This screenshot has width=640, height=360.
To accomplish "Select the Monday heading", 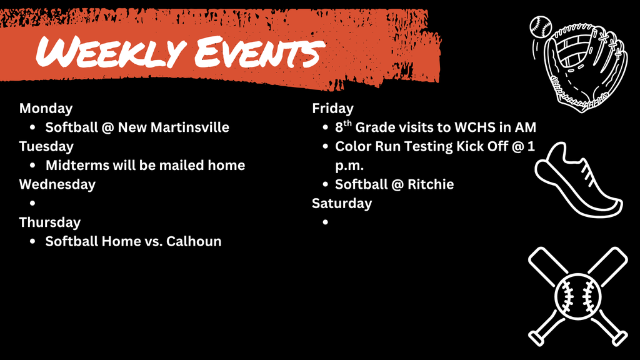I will tap(46, 108).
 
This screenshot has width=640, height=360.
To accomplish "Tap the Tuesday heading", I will tap(46, 146).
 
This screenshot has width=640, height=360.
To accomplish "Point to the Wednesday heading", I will tap(57, 184).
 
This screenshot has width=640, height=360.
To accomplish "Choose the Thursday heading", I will tap(49, 222).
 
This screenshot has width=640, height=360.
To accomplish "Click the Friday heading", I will tap(332, 108).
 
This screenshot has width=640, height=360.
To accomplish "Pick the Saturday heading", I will tap(342, 203).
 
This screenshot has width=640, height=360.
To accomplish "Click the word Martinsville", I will tap(190, 127).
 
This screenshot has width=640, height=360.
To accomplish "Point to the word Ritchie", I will tap(431, 184).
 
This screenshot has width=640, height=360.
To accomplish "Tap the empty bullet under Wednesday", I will tap(32, 204).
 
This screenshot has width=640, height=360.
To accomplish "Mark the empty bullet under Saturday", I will tap(326, 222).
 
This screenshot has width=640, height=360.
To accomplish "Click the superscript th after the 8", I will tap(348, 123).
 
